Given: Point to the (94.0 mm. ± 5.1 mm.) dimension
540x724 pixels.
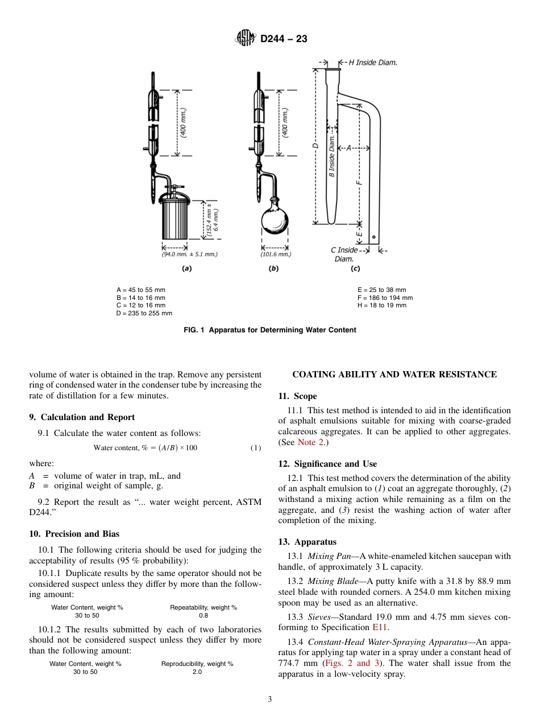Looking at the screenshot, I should point(189,254).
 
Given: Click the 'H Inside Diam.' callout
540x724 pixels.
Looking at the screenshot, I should point(372,63).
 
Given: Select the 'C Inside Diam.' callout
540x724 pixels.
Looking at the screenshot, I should point(344,254).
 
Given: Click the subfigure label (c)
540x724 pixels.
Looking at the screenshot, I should point(355,269).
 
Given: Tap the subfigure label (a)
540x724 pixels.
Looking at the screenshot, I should point(186,269).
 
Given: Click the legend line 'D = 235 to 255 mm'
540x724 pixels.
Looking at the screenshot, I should point(144,313).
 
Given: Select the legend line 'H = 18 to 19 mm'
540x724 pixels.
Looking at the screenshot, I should point(382,305).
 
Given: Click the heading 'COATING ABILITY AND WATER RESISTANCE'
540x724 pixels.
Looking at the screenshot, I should point(394,375).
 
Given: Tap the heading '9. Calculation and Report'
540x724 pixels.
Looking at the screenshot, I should point(82,417).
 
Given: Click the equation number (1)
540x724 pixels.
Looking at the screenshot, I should point(256,448).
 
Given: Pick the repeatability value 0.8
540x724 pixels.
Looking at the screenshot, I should point(203,615).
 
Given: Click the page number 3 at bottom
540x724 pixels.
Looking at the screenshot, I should point(270,700).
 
